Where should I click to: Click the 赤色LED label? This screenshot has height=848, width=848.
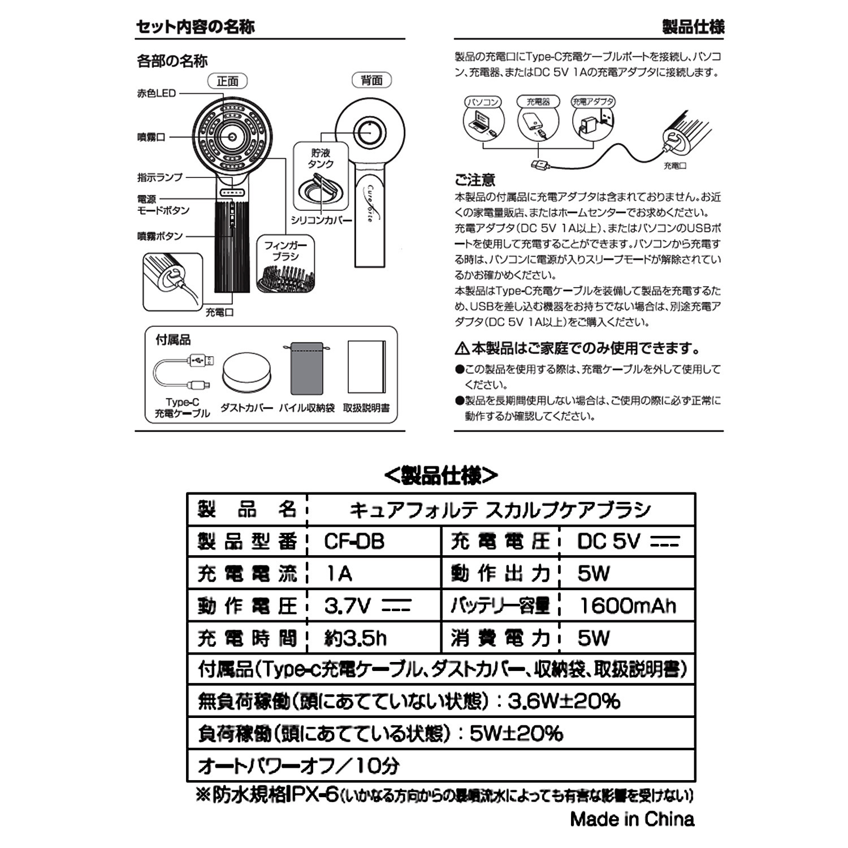pos(157,93)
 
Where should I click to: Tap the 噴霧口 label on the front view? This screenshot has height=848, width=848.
pos(151,137)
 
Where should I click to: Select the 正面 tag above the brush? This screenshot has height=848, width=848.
pos(228,81)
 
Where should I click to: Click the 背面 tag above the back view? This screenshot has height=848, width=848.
pos(371,80)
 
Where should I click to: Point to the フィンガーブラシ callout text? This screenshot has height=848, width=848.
pos(285,251)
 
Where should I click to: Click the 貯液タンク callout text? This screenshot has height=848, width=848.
pos(321,158)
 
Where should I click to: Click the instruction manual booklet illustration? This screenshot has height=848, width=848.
pos(366,367)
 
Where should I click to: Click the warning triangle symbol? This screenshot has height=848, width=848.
pos(462,348)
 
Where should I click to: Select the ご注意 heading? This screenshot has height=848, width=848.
pos(475,180)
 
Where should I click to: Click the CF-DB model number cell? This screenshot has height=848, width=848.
pos(354,542)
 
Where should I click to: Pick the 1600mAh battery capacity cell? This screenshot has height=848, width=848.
pos(628,606)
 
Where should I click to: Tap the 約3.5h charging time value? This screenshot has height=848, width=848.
pos(356,638)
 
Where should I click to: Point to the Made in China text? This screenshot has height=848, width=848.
pos(632,819)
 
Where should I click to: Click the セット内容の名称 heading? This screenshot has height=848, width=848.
pos(196,27)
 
